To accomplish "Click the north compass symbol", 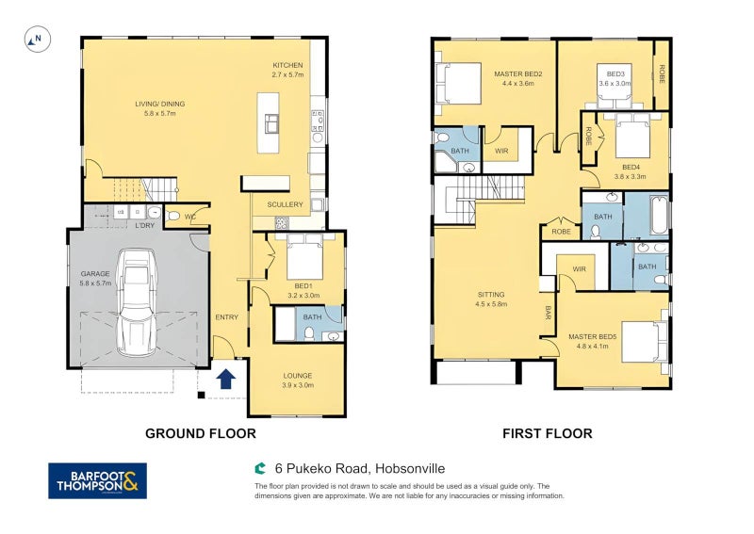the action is click(38, 39).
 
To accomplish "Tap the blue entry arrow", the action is click(225, 379).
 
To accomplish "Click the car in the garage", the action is click(136, 302).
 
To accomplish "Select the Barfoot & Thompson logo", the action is click(98, 480).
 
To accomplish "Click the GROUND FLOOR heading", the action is click(201, 433).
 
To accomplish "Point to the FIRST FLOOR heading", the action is click(548, 433).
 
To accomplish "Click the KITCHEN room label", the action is click(287, 65).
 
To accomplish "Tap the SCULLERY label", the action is click(286, 204).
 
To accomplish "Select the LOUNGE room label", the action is click(298, 376).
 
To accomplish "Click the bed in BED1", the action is click(304, 256).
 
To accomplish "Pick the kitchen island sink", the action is click(271, 123).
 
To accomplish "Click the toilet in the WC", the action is click(172, 217).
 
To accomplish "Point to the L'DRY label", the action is click(145, 225).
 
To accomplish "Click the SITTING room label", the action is click(491, 295).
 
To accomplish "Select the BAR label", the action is click(548, 313).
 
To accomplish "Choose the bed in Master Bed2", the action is click(458, 83).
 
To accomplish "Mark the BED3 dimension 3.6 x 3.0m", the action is click(615, 83).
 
